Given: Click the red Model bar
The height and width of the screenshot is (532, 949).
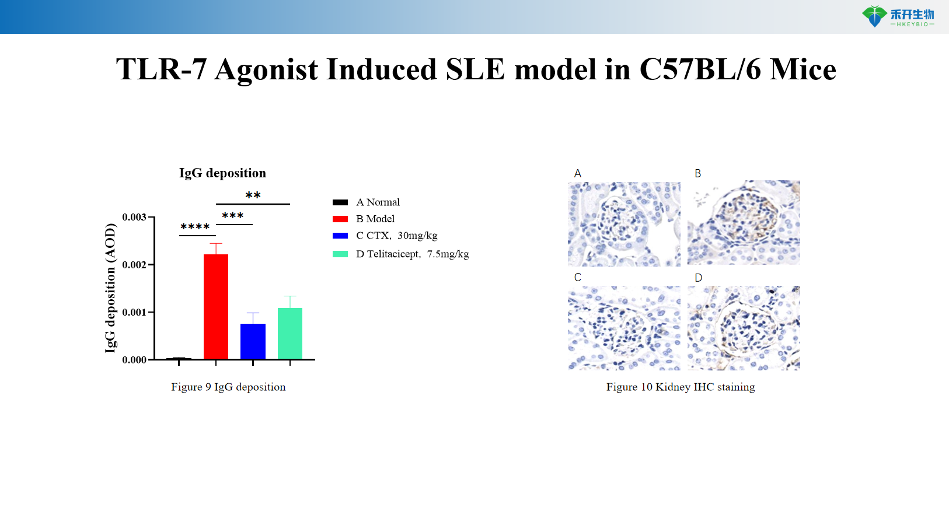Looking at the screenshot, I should click(216, 306).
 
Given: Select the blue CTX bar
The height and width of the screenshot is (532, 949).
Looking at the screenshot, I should click(253, 341).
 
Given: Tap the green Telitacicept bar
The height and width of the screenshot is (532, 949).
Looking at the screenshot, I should click(290, 333).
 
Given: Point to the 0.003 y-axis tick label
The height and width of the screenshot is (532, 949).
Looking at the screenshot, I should click(134, 218).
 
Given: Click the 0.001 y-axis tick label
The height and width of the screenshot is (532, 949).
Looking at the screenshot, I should click(134, 313).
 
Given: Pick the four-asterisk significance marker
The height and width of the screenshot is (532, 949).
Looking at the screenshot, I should click(195, 227).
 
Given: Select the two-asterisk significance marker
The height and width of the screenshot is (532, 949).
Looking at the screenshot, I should click(253, 195).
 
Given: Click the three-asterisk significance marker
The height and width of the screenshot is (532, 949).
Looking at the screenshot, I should click(232, 216).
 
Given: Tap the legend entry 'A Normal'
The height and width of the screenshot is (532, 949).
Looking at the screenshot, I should click(378, 202).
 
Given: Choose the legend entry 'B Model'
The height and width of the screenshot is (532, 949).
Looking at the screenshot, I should click(375, 219).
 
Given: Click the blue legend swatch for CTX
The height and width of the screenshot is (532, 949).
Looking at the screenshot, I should click(340, 236).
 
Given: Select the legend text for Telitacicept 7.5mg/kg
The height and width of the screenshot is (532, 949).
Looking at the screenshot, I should click(412, 254).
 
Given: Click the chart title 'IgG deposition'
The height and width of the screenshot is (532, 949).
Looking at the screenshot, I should click(222, 173).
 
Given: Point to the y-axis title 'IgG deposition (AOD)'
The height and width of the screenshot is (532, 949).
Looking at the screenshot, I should click(110, 288).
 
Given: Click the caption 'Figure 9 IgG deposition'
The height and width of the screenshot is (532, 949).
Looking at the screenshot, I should click(228, 387).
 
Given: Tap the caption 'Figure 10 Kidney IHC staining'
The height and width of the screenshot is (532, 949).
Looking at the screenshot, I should click(681, 387).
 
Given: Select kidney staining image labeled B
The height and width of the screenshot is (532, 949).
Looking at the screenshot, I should click(744, 223).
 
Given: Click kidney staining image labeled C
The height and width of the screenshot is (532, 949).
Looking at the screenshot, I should click(624, 328).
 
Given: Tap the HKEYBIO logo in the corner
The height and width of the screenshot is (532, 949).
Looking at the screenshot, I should click(898, 16).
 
